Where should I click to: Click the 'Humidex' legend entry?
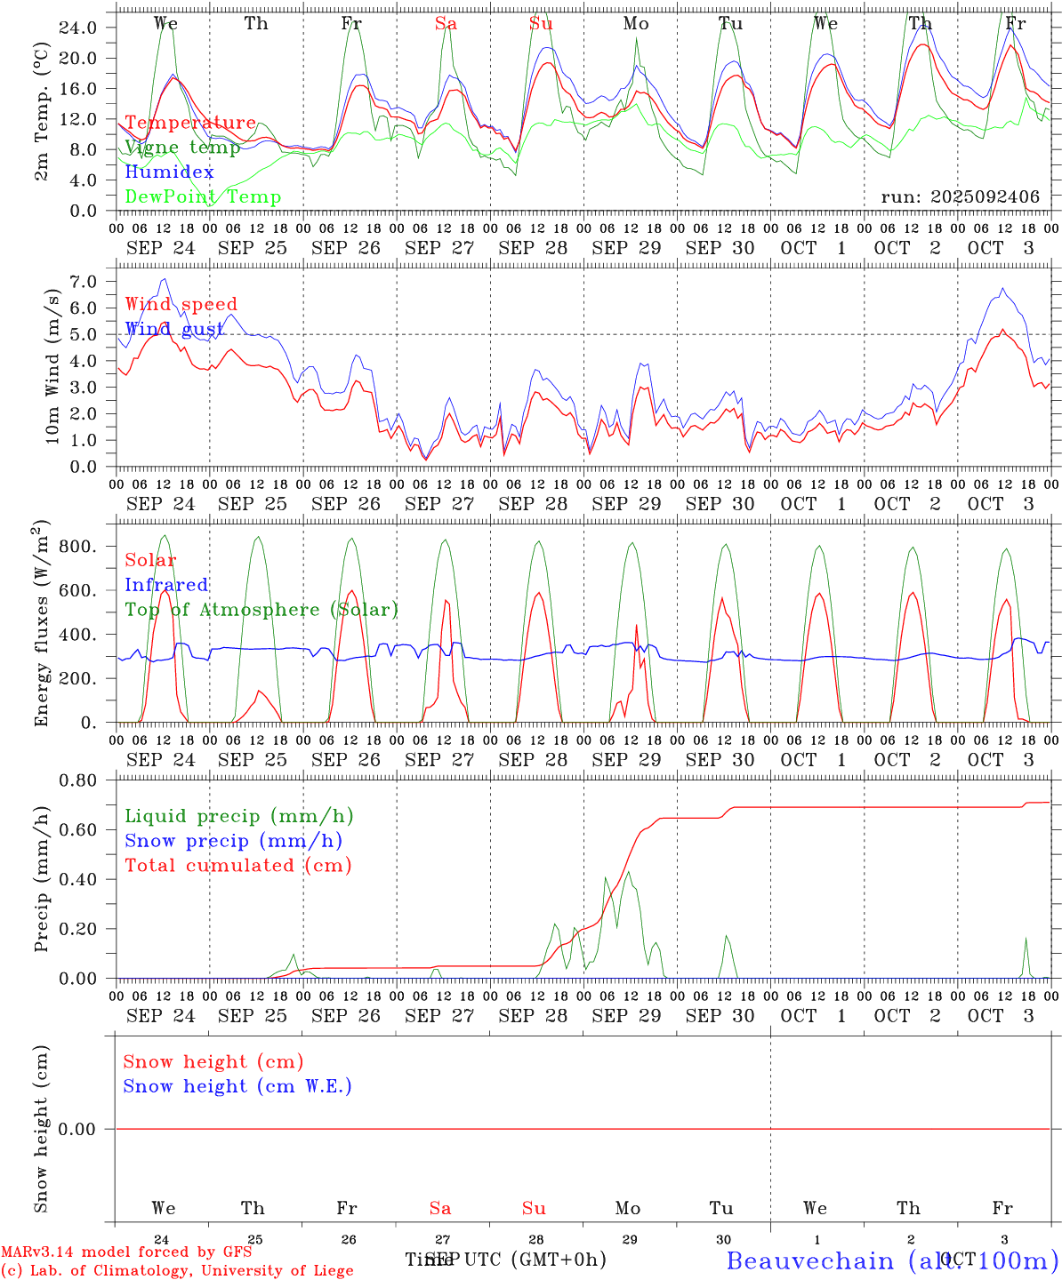pyautogui.click(x=169, y=172)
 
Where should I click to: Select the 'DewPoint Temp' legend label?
pyautogui.click(x=203, y=197)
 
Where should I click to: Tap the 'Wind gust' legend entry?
pyautogui.click(x=174, y=330)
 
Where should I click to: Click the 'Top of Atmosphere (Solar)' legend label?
pyautogui.click(x=261, y=610)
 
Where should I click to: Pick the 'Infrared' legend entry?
pyautogui.click(x=166, y=585)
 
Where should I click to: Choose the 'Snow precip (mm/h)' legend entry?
pyautogui.click(x=233, y=841)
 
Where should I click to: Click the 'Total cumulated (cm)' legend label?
pyautogui.click(x=238, y=866)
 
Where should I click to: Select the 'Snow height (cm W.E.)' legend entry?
pyautogui.click(x=237, y=1086)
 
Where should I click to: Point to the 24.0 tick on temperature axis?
pyautogui.click(x=77, y=28)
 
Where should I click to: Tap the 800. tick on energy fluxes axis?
pyautogui.click(x=77, y=547)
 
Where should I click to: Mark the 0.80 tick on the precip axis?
pyautogui.click(x=77, y=780)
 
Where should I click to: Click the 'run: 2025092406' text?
pyautogui.click(x=960, y=197)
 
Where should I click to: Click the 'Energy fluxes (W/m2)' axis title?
pyautogui.click(x=42, y=625)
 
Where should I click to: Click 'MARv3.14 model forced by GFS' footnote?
pyautogui.click(x=126, y=1252)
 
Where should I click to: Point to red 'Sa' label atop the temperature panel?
pyautogui.click(x=446, y=24)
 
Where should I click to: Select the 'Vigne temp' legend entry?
pyautogui.click(x=182, y=148)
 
